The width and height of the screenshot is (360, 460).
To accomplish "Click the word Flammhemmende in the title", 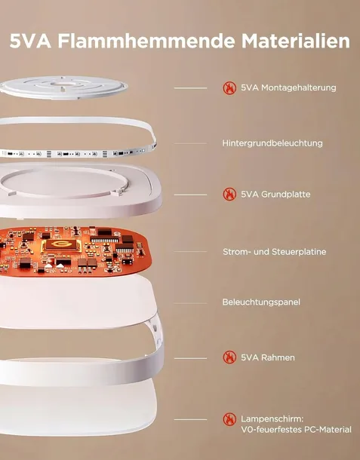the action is [x=146, y=41].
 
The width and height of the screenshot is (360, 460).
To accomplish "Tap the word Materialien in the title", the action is [x=296, y=41].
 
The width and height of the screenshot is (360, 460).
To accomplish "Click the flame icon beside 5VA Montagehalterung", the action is [x=229, y=87].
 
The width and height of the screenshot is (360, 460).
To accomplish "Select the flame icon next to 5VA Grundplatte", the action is [x=229, y=195].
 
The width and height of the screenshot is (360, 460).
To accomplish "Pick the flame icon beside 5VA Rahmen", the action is [x=229, y=357].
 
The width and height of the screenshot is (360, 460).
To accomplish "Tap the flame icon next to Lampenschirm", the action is [x=229, y=419].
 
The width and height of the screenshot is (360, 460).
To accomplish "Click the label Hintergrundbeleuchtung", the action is [x=272, y=143].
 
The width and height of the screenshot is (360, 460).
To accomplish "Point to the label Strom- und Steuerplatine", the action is [x=274, y=252].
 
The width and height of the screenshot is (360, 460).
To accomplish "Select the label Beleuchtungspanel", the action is [x=261, y=302].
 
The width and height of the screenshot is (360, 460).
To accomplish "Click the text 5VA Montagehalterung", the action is [x=288, y=87].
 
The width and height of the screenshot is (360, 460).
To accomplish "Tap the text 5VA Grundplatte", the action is [x=275, y=195].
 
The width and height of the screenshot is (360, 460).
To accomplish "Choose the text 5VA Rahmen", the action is [x=268, y=357].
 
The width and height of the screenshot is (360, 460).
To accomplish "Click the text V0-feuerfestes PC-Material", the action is [x=296, y=430].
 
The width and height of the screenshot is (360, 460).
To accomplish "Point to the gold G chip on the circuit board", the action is [x=61, y=245].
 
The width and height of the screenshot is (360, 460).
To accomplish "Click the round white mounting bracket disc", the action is [x=63, y=87].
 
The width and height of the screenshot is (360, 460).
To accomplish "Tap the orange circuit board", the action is [x=73, y=251].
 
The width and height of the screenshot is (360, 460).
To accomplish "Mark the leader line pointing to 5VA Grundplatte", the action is [x=190, y=195].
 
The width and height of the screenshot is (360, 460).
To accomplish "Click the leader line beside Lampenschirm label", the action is [x=190, y=420].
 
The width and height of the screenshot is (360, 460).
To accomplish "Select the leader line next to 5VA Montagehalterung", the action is [x=190, y=88].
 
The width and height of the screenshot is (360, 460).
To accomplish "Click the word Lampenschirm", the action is [x=272, y=419].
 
